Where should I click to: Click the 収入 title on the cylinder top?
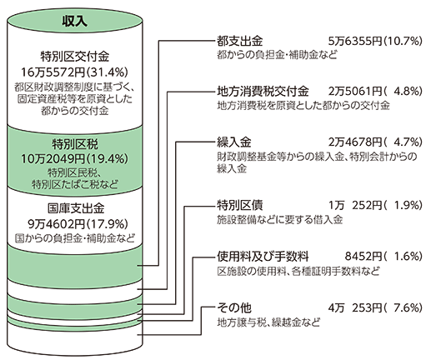[x=74, y=21]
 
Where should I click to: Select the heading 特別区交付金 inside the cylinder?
[x=75, y=57]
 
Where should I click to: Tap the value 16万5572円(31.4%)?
[x=75, y=72]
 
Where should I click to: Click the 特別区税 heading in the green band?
[x=75, y=144]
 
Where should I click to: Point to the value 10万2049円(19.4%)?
[x=75, y=158]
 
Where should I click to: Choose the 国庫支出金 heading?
[x=76, y=208]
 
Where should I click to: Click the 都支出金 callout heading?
[x=239, y=42]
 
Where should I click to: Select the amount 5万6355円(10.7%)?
[x=375, y=42]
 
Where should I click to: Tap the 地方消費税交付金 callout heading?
[x=263, y=91]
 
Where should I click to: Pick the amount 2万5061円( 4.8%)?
[x=375, y=91]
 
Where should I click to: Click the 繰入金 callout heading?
[x=233, y=142]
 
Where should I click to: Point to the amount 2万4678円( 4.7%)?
[x=375, y=142]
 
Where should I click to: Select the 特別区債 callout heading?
[x=239, y=205]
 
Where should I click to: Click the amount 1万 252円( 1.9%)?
[x=375, y=205]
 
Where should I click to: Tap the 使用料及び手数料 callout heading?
[x=263, y=256]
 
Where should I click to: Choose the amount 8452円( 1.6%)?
[x=383, y=256]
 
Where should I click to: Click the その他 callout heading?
[x=233, y=307]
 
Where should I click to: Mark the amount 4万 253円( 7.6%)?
[x=375, y=307]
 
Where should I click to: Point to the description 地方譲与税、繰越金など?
[x=268, y=322]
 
